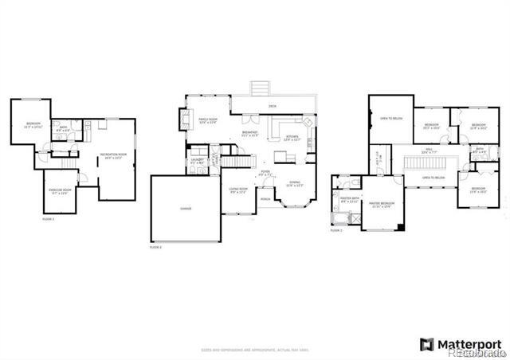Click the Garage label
click(x=185, y=209)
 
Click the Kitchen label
click(x=291, y=137)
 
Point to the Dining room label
click(x=294, y=184)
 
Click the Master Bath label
click(x=350, y=199)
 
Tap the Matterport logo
click(x=461, y=344)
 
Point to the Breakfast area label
click(x=250, y=135)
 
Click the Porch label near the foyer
click(x=265, y=199)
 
